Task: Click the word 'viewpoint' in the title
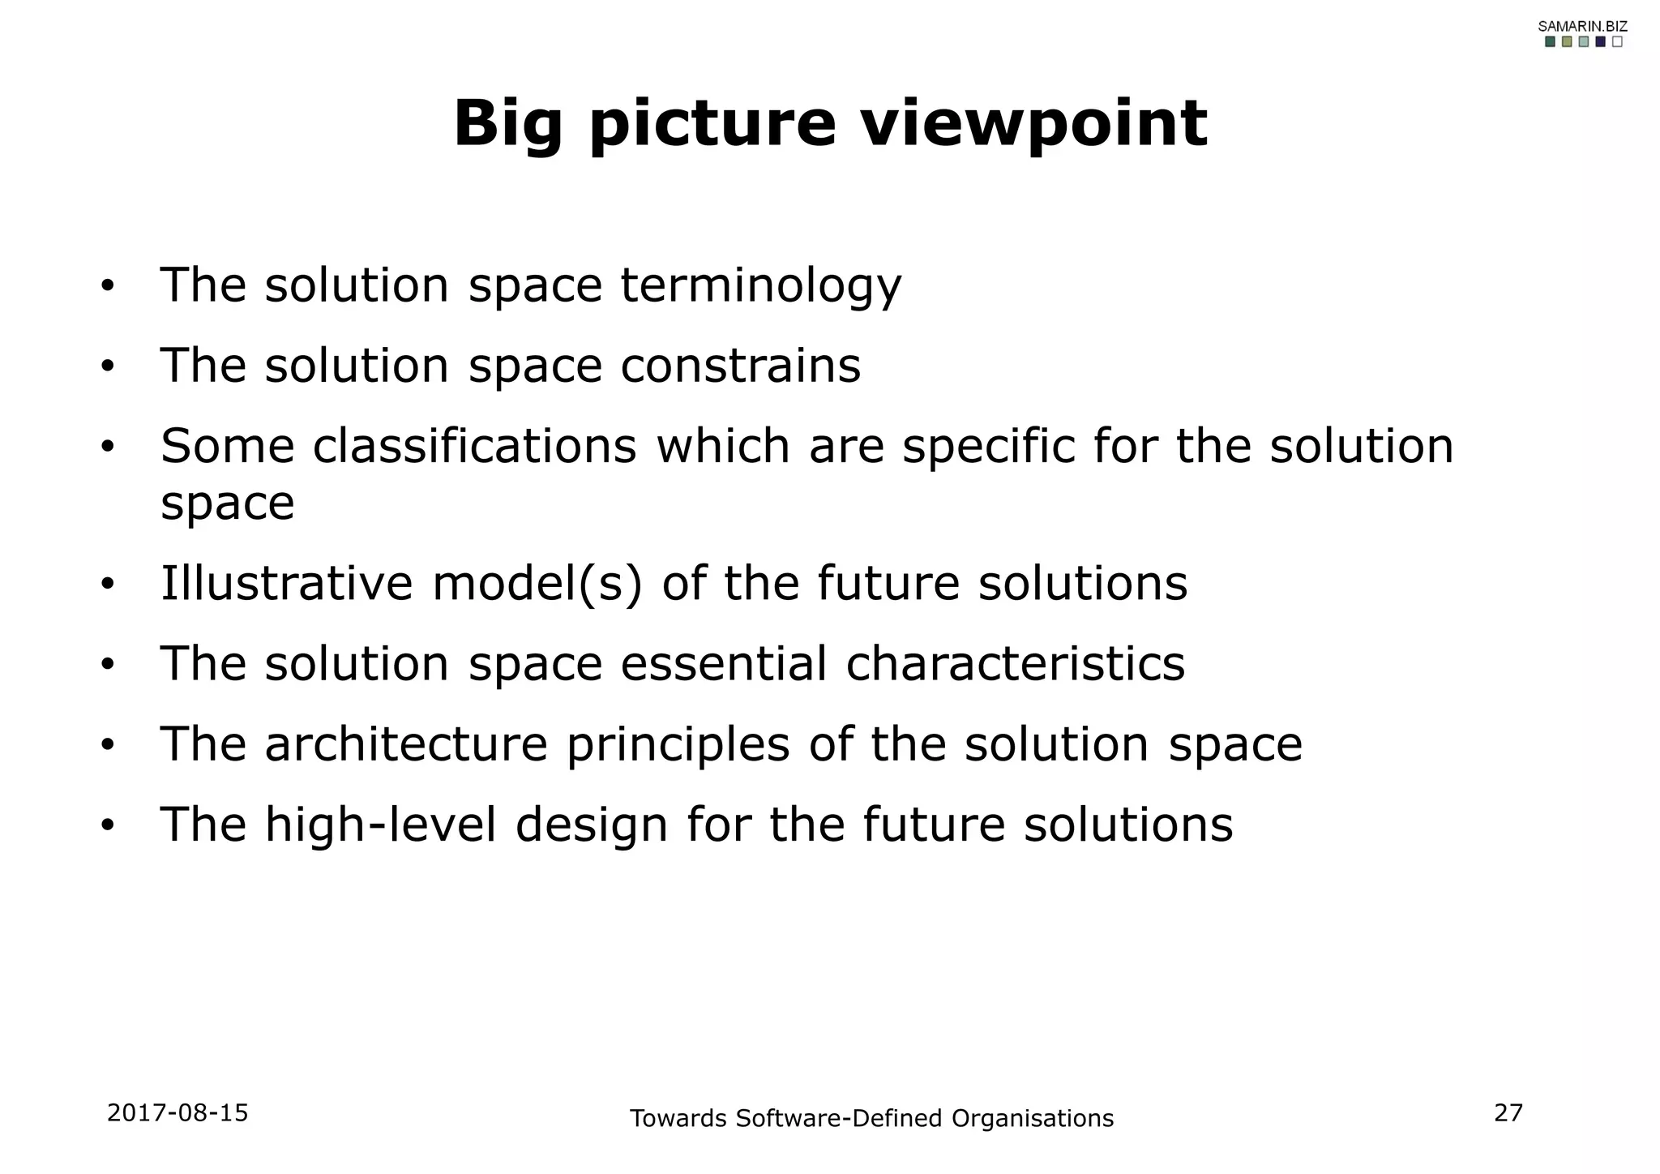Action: [x=1033, y=124]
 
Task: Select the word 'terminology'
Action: [x=760, y=286]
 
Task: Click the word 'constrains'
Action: [x=740, y=366]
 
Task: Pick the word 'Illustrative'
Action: [x=287, y=583]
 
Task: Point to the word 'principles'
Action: [x=678, y=745]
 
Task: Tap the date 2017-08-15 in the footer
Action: [x=178, y=1113]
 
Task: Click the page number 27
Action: [x=1508, y=1113]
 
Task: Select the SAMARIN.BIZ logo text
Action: [x=1582, y=26]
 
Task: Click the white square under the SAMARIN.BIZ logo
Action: [x=1617, y=42]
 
